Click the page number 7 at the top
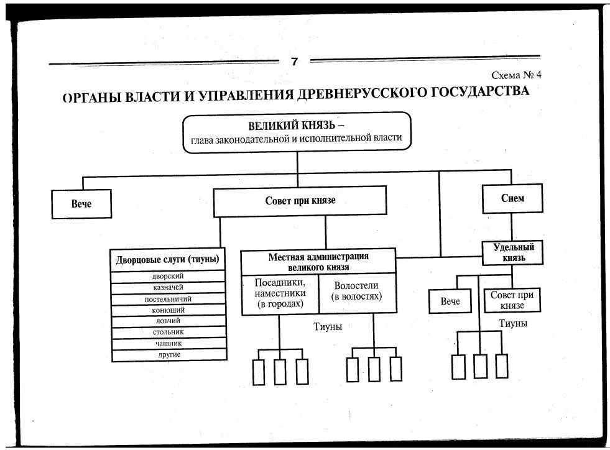point(294,61)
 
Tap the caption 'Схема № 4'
point(517,75)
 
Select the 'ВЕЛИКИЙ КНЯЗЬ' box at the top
point(297,132)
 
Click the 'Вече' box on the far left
point(81,204)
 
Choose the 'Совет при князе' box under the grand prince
point(300,201)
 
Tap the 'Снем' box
point(512,199)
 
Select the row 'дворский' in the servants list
point(168,276)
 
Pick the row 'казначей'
point(168,287)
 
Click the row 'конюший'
point(168,310)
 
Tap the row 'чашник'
point(168,343)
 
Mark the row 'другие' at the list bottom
point(168,354)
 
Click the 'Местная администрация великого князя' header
point(318,261)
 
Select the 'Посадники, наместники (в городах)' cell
point(280,293)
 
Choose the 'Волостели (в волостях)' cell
point(357,291)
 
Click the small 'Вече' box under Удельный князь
point(450,301)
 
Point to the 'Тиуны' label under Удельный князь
point(513,323)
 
